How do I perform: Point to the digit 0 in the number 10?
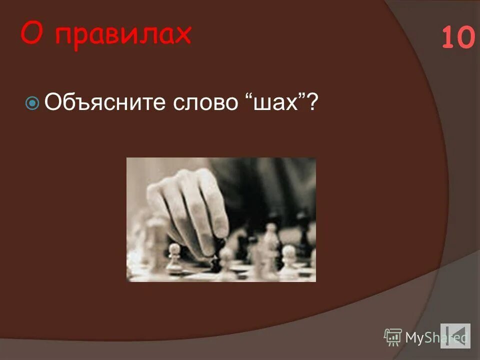click(465, 38)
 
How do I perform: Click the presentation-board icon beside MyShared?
click(393, 337)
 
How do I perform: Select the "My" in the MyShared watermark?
click(414, 338)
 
